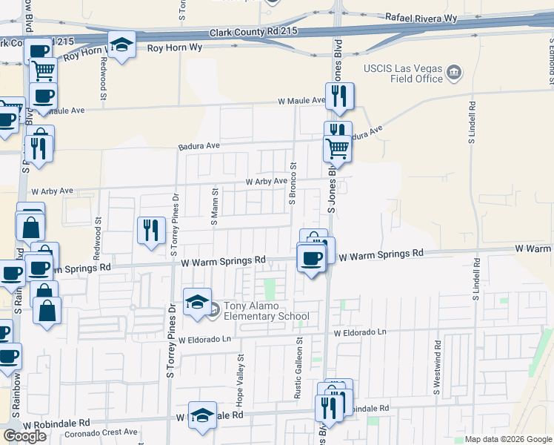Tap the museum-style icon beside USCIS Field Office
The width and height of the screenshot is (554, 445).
click(x=454, y=73)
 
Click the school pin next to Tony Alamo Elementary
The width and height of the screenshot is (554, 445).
click(x=197, y=303)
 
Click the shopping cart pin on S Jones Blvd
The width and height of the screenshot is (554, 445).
click(x=337, y=148)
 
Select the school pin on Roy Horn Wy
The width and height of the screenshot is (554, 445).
click(x=121, y=45)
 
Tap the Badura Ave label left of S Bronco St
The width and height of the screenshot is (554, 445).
click(x=199, y=147)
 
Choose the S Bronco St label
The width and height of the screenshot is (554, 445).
click(x=293, y=185)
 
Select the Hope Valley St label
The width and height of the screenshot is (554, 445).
click(x=240, y=378)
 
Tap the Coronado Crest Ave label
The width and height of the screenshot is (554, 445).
click(x=101, y=432)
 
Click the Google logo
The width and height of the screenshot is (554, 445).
click(x=24, y=436)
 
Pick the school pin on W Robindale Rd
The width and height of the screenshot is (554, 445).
click(x=201, y=415)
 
